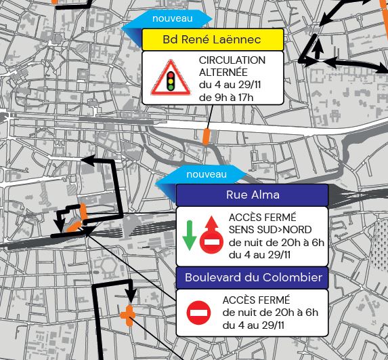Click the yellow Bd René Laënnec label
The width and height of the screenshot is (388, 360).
[x=211, y=40]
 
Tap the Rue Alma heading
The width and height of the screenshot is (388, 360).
[x=252, y=196]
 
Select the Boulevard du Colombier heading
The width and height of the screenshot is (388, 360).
[x=253, y=277]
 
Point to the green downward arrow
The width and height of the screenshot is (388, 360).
[x=190, y=235]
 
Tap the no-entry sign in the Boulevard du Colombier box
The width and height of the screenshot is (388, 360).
[x=199, y=313]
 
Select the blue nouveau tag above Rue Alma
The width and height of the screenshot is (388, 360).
[x=206, y=175]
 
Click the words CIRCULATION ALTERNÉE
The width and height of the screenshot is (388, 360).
[x=232, y=66]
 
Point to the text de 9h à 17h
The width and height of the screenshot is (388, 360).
[x=226, y=98]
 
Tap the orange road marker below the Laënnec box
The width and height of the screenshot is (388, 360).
[x=207, y=136]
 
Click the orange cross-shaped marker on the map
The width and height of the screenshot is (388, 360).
[x=128, y=315]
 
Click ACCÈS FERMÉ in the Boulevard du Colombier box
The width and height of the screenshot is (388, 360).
[x=255, y=300]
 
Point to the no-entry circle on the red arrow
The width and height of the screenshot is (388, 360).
[x=211, y=242]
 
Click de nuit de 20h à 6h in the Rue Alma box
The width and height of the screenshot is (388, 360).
[x=276, y=242]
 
